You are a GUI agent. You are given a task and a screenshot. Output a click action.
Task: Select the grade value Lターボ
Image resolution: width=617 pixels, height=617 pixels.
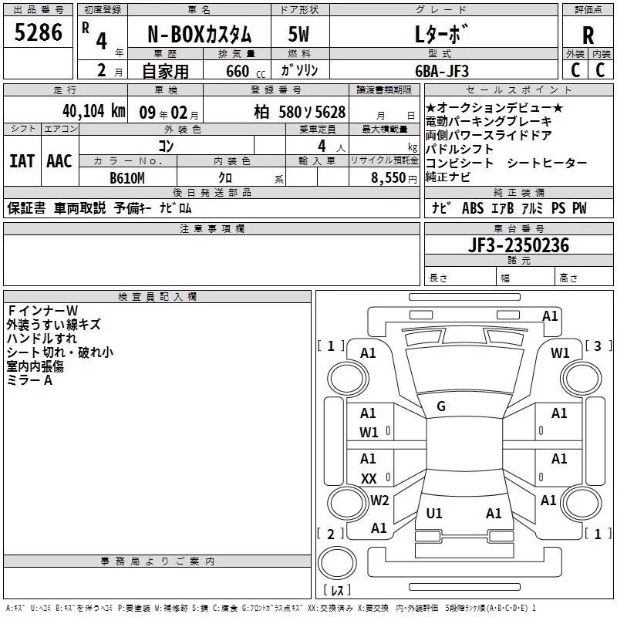[x=441, y=35]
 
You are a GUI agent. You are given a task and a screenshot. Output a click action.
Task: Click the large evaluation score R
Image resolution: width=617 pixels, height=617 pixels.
[x=588, y=35]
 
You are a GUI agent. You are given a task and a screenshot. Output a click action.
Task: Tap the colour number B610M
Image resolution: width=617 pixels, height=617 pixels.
[x=128, y=177]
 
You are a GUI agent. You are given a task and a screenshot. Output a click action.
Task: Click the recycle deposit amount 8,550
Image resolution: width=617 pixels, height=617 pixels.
[x=393, y=177]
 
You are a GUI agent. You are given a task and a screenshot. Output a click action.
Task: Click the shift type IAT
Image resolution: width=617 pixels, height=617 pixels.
[x=22, y=161]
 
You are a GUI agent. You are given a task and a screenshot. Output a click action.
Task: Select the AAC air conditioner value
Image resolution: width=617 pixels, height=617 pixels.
[x=59, y=161]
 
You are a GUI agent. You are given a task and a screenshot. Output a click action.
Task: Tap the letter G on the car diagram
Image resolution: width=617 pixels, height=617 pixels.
[x=441, y=406]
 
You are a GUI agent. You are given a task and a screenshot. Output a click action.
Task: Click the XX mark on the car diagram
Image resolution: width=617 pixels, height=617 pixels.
[x=369, y=478]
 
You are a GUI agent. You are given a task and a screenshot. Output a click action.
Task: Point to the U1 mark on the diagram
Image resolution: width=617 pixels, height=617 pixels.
[x=434, y=513]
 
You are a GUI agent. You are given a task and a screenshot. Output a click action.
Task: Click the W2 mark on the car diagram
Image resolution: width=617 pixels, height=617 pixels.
[x=379, y=501]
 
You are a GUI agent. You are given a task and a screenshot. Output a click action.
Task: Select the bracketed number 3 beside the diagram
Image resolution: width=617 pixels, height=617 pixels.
[x=598, y=346]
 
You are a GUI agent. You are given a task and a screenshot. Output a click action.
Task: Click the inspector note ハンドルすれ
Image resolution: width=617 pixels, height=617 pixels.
[x=42, y=339]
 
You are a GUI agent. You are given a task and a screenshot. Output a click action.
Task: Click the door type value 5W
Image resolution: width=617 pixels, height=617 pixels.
[x=298, y=35]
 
